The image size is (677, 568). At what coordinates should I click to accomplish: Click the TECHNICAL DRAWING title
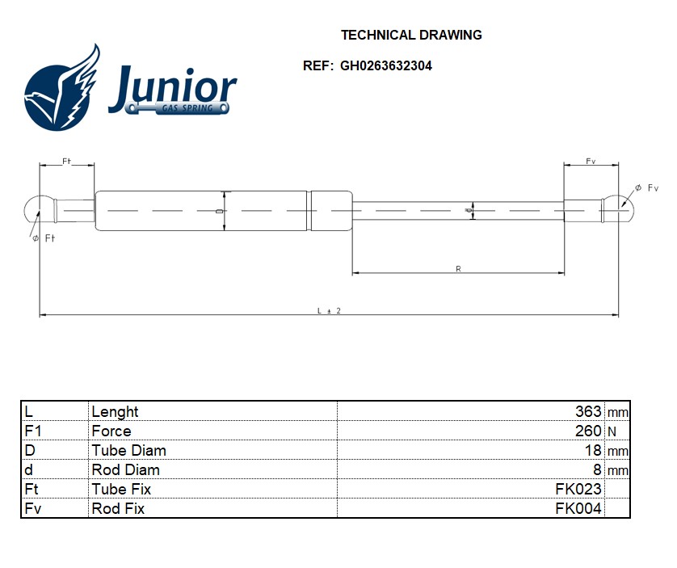pos(411,35)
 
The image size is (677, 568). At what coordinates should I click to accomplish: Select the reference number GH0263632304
pos(385,65)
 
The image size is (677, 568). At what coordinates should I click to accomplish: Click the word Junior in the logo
pos(172,89)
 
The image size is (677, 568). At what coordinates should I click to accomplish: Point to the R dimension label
pos(458,269)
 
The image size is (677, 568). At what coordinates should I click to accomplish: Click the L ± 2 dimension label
pos(329,310)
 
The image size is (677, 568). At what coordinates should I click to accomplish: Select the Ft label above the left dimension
pos(66,161)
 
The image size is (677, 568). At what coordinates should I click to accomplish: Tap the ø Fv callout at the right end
pos(646,188)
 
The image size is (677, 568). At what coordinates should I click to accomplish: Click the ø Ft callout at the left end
pos(44,238)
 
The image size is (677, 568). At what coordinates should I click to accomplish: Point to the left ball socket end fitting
pos(40,210)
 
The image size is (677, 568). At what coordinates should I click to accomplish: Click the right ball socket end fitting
pos(618,210)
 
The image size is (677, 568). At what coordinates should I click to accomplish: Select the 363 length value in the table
pos(588,411)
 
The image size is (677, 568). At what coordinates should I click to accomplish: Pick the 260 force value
pos(588,431)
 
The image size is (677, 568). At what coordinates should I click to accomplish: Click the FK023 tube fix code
pos(578,489)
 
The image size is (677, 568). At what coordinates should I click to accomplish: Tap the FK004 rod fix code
pos(578,508)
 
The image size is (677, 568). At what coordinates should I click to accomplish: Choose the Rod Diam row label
pos(126,469)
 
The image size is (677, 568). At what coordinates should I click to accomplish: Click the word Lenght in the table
pos(115,411)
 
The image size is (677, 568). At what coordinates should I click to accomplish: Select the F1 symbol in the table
pos(33,431)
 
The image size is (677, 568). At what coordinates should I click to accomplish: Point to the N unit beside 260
pos(612,431)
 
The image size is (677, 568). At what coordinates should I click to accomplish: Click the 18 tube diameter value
pos(593,450)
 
